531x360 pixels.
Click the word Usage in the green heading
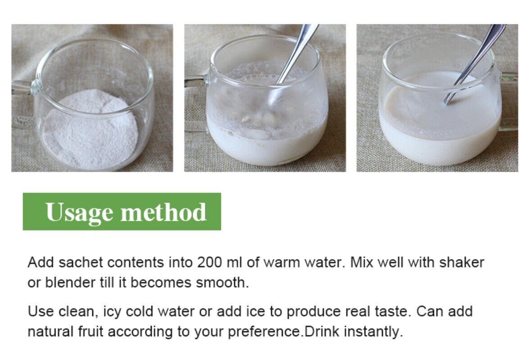click(x=79, y=212)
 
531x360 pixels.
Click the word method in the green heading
click(x=163, y=211)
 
